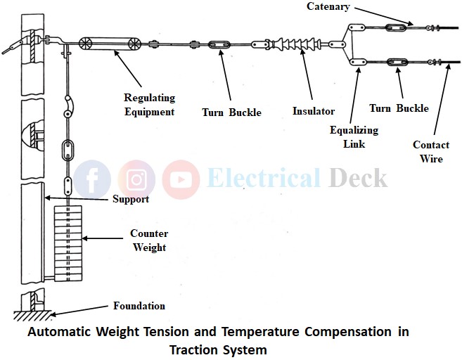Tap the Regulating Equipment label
149,104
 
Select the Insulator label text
314,111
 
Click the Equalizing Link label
354,137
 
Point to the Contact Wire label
431,152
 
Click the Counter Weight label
149,240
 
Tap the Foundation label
139,306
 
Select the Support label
131,199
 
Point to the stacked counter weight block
68,239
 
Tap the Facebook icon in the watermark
91,179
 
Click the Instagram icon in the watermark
136,179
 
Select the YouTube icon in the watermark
181,179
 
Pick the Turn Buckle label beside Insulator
231,112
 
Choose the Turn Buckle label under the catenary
399,108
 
